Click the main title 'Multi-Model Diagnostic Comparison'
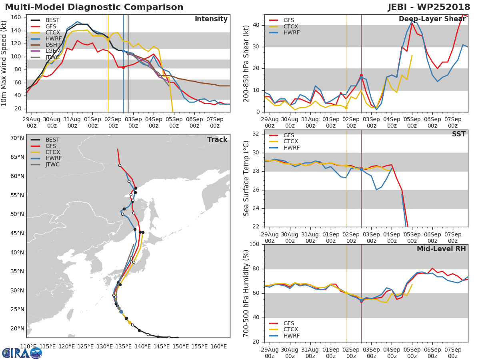pyautogui.click(x=94, y=7)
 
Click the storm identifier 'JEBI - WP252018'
pyautogui.click(x=429, y=7)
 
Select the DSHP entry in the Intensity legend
pyautogui.click(x=52, y=45)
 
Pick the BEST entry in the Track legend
pyautogui.click(x=52, y=140)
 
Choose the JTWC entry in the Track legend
pyautogui.click(x=52, y=164)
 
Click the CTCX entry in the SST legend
pyautogui.click(x=290, y=142)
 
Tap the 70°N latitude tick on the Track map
pyautogui.click(x=17, y=138)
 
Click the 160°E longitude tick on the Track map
pyautogui.click(x=218, y=346)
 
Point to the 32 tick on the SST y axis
pyautogui.click(x=257, y=134)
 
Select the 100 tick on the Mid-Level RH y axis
pyautogui.click(x=255, y=244)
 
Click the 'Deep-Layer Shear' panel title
pyautogui.click(x=432, y=19)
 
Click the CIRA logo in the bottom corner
pyautogui.click(x=22, y=352)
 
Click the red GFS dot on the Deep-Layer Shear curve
pyautogui.click(x=361, y=75)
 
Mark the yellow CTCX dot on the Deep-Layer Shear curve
pyautogui.click(x=346, y=108)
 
